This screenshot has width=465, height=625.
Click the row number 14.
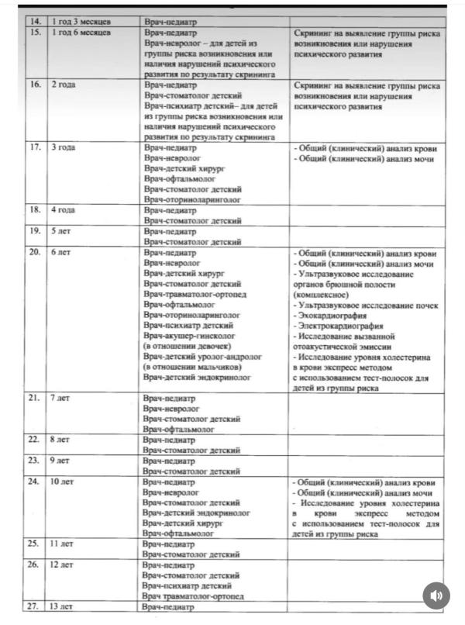[x=33, y=21]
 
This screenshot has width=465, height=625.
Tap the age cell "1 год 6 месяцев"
[x=81, y=33]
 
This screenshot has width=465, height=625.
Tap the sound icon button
[x=436, y=596]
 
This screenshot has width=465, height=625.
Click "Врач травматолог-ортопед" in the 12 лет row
[x=194, y=596]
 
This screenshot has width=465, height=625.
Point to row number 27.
[x=33, y=607]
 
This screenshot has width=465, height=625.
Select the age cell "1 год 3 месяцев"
[x=81, y=21]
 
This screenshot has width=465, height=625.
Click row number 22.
[x=33, y=439]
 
